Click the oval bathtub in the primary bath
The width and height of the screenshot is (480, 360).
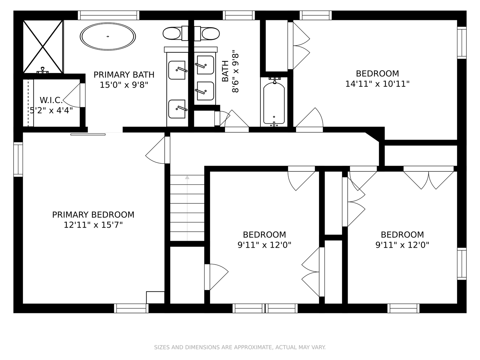108,36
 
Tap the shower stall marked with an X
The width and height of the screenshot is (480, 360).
43,47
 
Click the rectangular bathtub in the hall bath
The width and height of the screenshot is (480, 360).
274,103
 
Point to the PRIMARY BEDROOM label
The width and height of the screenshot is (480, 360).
93,215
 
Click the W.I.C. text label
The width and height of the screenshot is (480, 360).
51,100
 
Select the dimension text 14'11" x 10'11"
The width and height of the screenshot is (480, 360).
377,84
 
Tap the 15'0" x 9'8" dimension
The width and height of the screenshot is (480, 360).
124,85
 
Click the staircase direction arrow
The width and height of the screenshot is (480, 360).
187,208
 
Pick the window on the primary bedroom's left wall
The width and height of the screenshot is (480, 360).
18,159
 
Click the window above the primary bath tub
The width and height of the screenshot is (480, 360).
108,15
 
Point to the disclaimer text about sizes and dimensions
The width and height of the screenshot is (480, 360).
240,347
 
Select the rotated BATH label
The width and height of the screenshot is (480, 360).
225,71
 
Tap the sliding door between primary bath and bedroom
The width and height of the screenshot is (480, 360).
88,134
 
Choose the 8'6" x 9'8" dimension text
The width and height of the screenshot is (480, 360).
235,71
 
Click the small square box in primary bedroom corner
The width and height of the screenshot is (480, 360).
155,297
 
